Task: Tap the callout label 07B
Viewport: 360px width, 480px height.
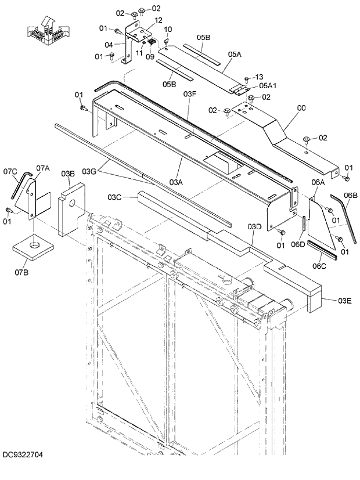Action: tap(21, 272)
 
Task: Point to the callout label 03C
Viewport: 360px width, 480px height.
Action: tap(114, 198)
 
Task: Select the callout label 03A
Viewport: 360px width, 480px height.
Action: tap(176, 182)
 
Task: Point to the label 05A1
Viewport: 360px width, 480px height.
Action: tap(259, 85)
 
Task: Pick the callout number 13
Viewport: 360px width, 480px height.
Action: tap(259, 77)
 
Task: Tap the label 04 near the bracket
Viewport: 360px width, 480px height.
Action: tap(109, 44)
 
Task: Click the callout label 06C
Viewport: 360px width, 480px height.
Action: tap(320, 266)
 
